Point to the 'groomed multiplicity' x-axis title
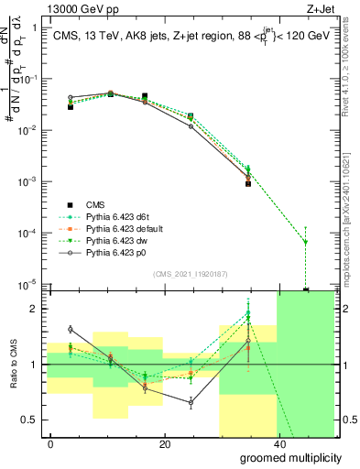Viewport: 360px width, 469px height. (285, 455)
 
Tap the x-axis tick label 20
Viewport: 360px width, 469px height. (164, 443)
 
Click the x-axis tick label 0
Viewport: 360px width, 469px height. (51, 443)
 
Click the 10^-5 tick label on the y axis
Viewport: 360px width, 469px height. (27, 285)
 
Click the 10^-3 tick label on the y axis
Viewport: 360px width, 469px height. (27, 181)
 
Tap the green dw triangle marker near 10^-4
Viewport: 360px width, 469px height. (305, 242)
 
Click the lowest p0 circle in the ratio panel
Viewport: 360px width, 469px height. (191, 401)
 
